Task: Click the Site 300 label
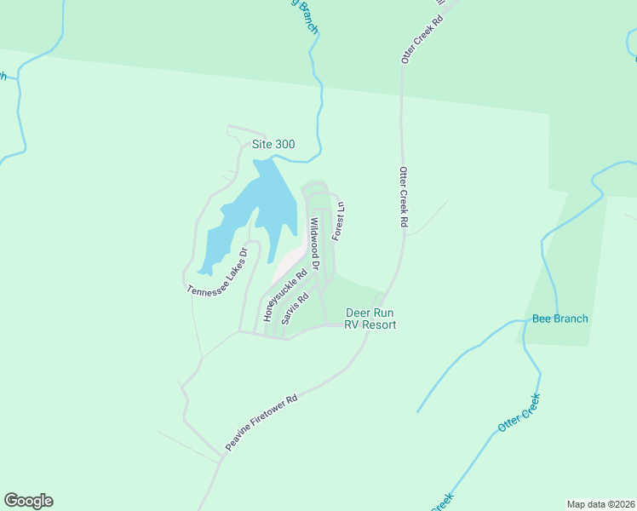[273, 144]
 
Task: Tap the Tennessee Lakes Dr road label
[217, 272]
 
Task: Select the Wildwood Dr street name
[314, 244]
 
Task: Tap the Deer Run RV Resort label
[371, 319]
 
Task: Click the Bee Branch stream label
[560, 319]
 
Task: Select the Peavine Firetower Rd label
[261, 422]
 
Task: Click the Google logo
[28, 501]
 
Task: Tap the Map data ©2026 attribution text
[600, 503]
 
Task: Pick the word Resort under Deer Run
[379, 324]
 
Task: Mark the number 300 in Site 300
[284, 144]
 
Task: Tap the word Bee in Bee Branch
[542, 319]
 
